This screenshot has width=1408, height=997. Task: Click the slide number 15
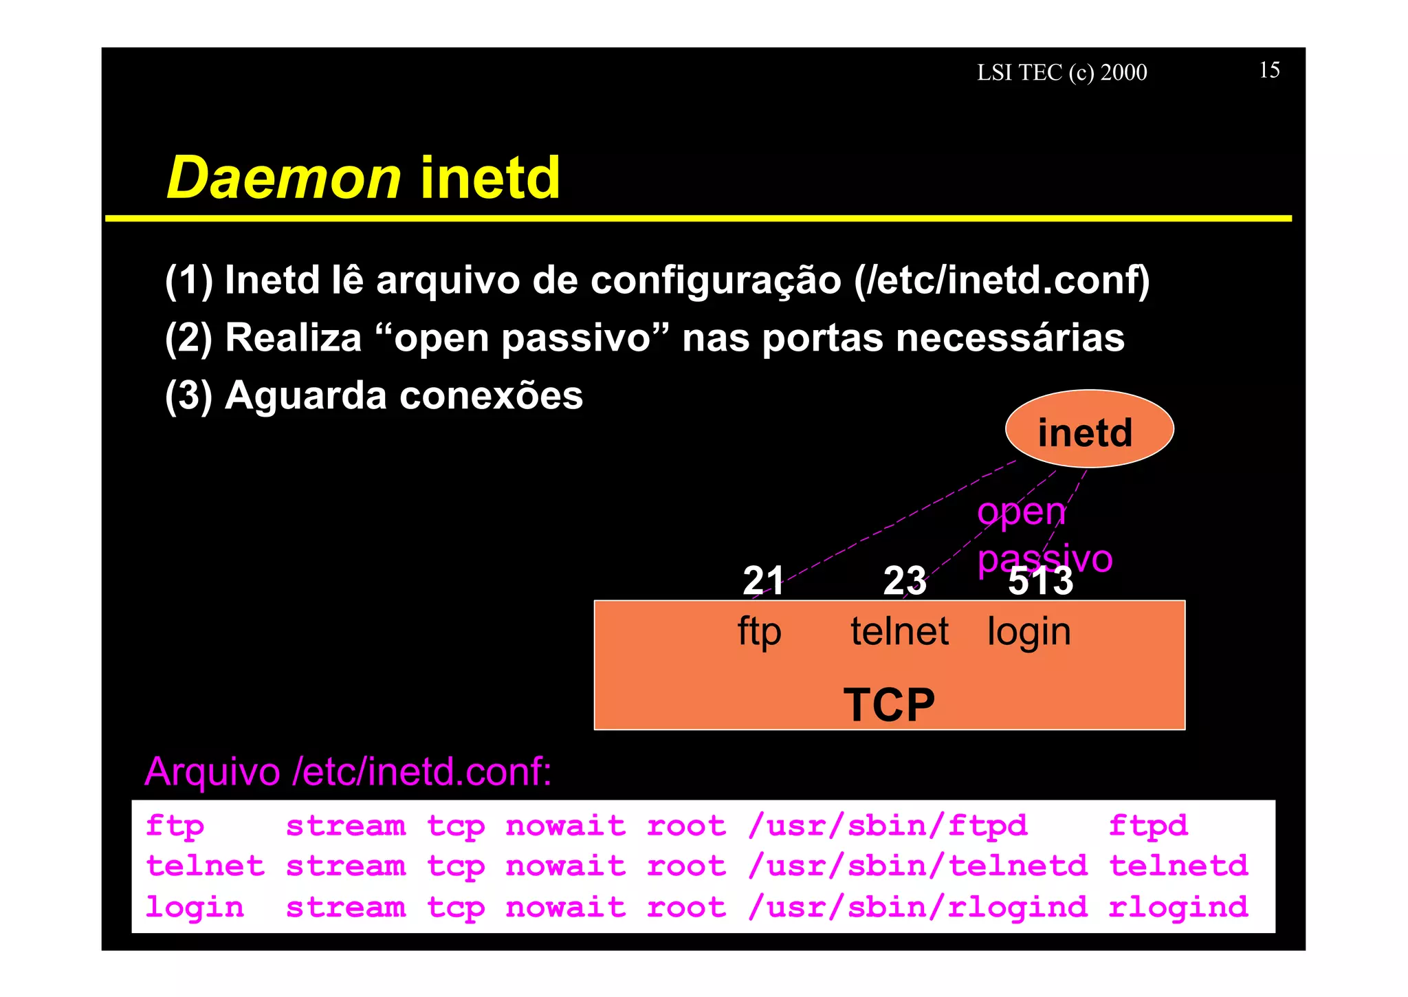[x=1269, y=70]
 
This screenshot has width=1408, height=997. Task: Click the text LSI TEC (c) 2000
[x=1061, y=72]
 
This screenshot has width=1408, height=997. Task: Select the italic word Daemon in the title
[x=284, y=177]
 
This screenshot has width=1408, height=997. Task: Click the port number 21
[x=763, y=581]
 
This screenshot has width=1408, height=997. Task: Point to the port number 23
[x=904, y=581]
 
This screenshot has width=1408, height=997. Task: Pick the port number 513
[x=1040, y=582]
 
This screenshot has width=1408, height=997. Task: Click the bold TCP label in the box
[x=889, y=705]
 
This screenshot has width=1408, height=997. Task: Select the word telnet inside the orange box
[x=899, y=631]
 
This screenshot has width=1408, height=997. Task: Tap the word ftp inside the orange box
[x=759, y=631]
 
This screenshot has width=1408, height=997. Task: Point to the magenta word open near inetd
[x=1021, y=513]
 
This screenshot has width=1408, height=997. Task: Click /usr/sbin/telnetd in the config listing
[x=918, y=866]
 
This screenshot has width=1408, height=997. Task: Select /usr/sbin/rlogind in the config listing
[x=918, y=908]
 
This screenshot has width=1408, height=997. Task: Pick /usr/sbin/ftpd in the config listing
[x=888, y=826]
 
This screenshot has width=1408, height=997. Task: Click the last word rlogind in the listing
[x=1178, y=908]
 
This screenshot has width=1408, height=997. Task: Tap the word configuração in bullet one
[x=716, y=281]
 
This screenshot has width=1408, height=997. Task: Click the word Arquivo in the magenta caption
[x=212, y=771]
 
